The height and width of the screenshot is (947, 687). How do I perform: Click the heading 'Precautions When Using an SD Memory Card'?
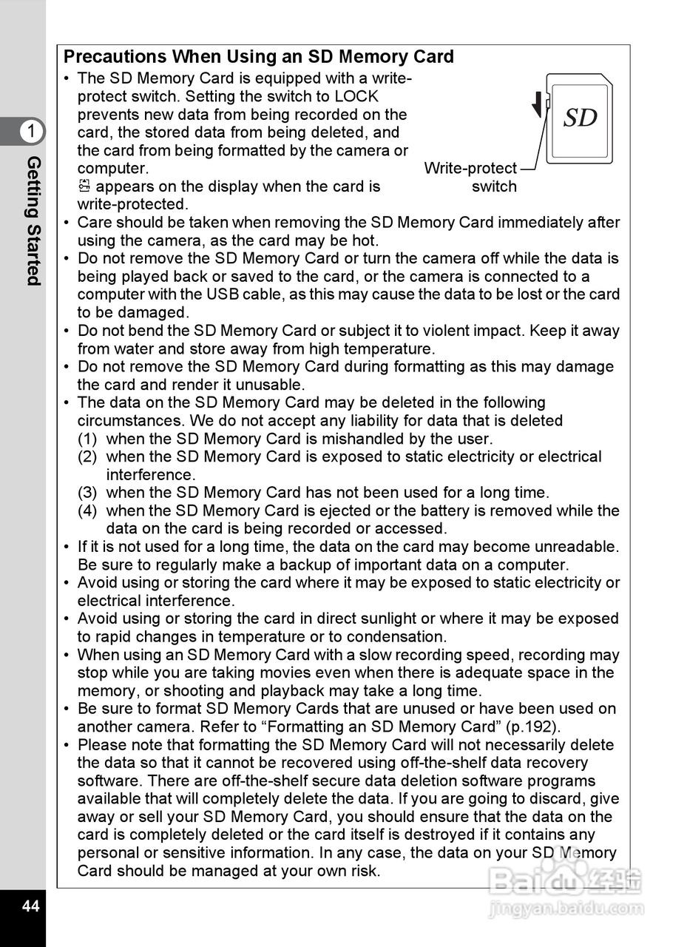click(258, 57)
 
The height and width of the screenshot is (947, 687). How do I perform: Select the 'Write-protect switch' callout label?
click(471, 178)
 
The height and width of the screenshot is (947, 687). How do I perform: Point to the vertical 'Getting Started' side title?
click(33, 220)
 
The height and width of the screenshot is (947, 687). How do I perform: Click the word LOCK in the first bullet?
click(356, 96)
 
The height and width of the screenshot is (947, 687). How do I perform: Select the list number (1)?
click(87, 439)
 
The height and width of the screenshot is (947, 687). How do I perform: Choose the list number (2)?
click(87, 456)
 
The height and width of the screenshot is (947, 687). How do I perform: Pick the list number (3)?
click(87, 493)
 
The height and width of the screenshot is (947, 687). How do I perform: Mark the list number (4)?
click(87, 510)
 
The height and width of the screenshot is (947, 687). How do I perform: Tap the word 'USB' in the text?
click(222, 294)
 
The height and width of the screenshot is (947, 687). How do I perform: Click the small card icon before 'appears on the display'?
click(84, 186)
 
